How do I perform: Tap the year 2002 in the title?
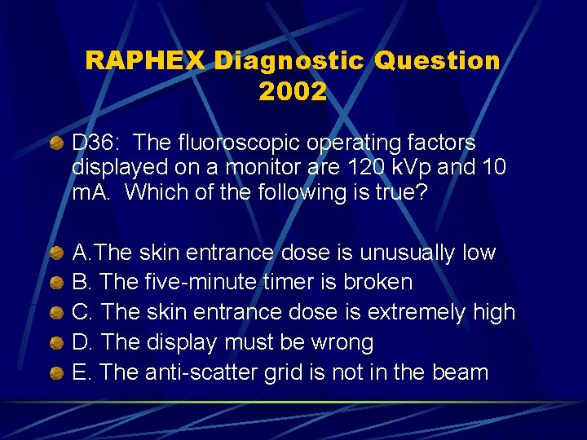pos(293,91)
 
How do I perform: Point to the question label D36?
pos(97,143)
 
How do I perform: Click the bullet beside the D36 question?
pos(57,143)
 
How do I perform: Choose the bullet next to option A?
pos(57,253)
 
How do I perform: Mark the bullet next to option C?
pos(57,313)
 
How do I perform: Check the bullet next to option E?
pos(57,373)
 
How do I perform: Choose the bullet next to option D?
pos(57,343)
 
